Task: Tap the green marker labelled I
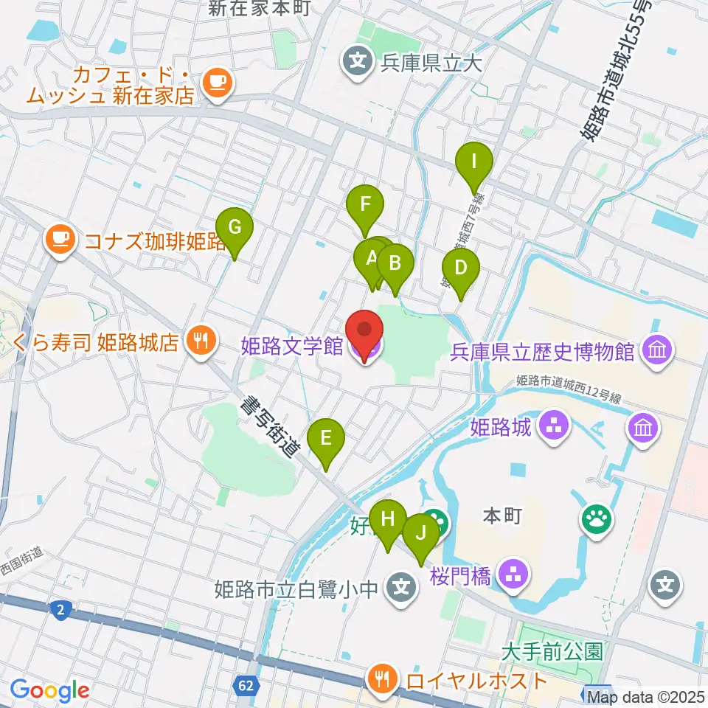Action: [x=474, y=161]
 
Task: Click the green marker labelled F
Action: [x=365, y=204]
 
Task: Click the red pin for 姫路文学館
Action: [x=364, y=332]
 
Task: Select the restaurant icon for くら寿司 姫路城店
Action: [x=199, y=341]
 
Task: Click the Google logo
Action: [x=50, y=690]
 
